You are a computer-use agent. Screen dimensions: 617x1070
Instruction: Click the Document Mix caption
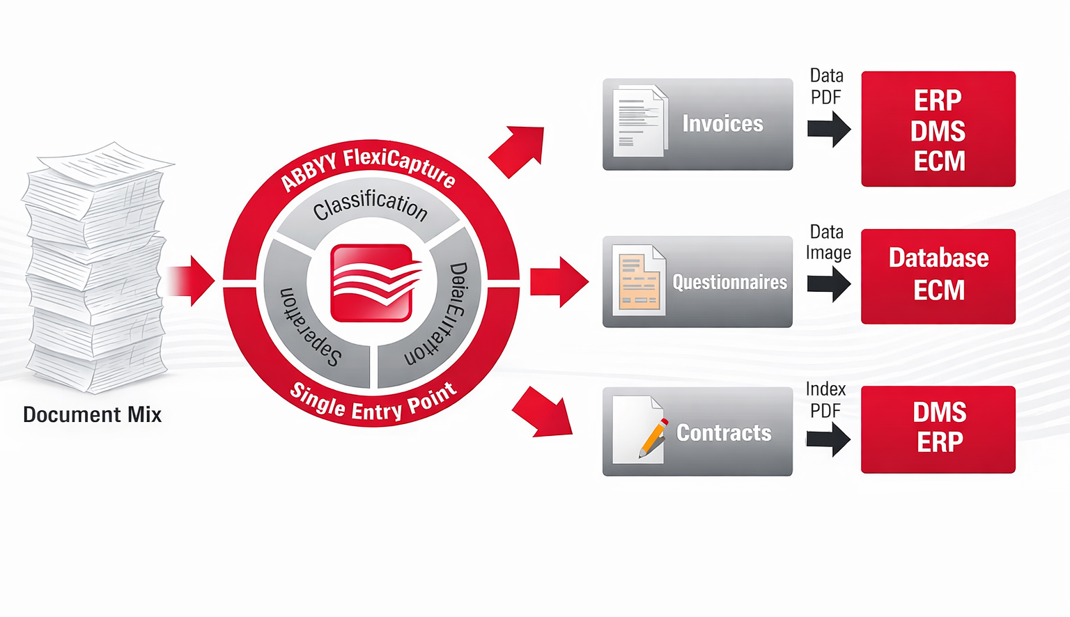[x=92, y=415]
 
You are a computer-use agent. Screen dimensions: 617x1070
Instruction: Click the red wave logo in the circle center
[x=372, y=283]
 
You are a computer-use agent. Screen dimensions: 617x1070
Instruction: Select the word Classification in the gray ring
[x=370, y=204]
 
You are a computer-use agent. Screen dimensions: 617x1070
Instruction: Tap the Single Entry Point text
[x=373, y=403]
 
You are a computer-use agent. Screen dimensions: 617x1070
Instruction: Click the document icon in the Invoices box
[x=639, y=121]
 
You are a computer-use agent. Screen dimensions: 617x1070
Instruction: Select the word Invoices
[x=722, y=124]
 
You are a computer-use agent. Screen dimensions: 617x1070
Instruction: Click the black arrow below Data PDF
[x=829, y=129]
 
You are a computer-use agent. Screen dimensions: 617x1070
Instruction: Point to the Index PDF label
[x=825, y=400]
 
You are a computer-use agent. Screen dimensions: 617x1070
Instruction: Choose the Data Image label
[x=828, y=242]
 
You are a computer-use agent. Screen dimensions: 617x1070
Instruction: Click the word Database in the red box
[x=938, y=258]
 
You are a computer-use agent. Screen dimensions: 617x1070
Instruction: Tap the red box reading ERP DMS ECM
[x=938, y=130]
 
